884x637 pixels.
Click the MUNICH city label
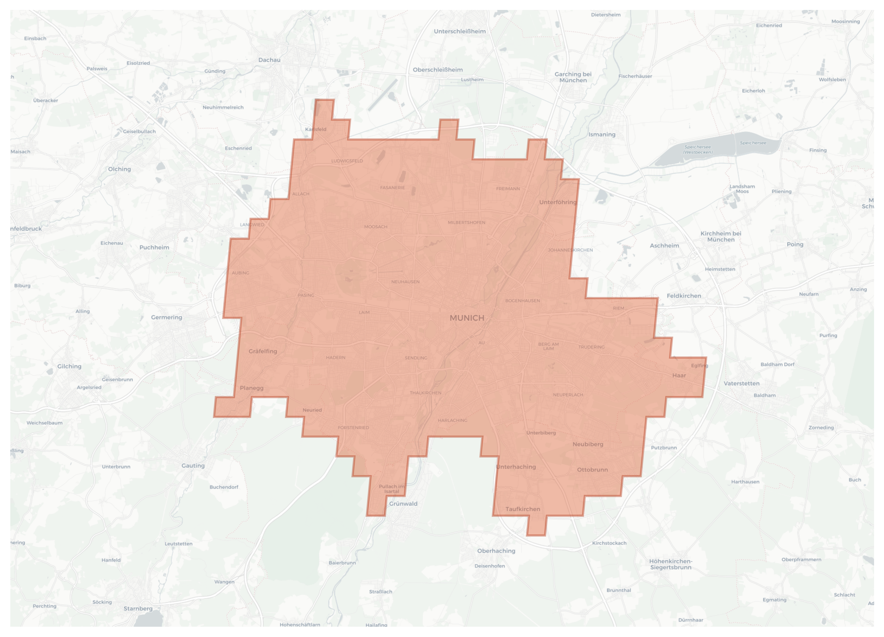[x=467, y=318]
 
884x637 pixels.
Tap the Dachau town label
[x=269, y=60]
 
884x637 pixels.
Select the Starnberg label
[x=138, y=609]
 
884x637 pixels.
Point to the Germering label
[x=167, y=317]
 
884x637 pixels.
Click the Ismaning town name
[x=602, y=134]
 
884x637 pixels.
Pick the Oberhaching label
[x=496, y=551]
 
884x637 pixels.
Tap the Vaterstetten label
[x=741, y=383]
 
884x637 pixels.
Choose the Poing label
[x=795, y=244]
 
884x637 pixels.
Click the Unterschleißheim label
[x=460, y=32]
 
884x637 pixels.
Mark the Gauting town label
[x=193, y=466]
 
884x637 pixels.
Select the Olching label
[x=119, y=169]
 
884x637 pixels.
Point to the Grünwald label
[x=403, y=504]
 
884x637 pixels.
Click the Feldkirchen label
[x=684, y=296]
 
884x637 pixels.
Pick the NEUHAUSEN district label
[x=405, y=282]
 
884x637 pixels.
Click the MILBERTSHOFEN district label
[x=466, y=222]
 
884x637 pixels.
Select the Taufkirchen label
[x=523, y=509]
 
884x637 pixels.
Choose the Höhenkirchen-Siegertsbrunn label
[x=670, y=564]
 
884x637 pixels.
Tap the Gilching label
[x=69, y=366]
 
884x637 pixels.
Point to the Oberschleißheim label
[x=438, y=70]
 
